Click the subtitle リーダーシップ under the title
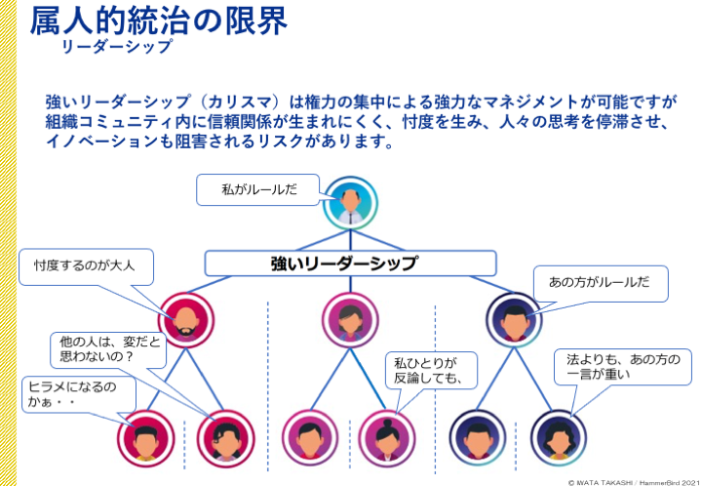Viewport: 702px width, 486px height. (117, 47)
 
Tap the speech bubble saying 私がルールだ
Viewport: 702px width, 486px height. (257, 190)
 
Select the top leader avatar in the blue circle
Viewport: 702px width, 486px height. (351, 203)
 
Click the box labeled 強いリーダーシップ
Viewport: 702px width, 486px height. (350, 263)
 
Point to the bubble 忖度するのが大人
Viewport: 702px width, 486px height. (86, 267)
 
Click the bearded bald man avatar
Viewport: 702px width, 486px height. (186, 320)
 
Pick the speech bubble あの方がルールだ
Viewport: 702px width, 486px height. (601, 284)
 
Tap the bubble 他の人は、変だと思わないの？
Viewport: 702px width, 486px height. (108, 350)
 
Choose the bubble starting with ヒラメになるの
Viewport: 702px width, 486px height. (79, 394)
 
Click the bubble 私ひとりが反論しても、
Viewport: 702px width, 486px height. (431, 371)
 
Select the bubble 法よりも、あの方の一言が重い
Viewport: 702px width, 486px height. (623, 367)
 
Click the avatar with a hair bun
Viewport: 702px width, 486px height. (387, 438)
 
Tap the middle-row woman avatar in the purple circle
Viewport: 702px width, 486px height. (350, 320)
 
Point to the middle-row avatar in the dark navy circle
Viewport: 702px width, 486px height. (515, 320)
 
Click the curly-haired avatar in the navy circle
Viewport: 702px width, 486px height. (559, 438)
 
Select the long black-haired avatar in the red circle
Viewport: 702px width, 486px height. (225, 438)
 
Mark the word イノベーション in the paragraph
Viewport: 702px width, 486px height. (102, 142)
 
